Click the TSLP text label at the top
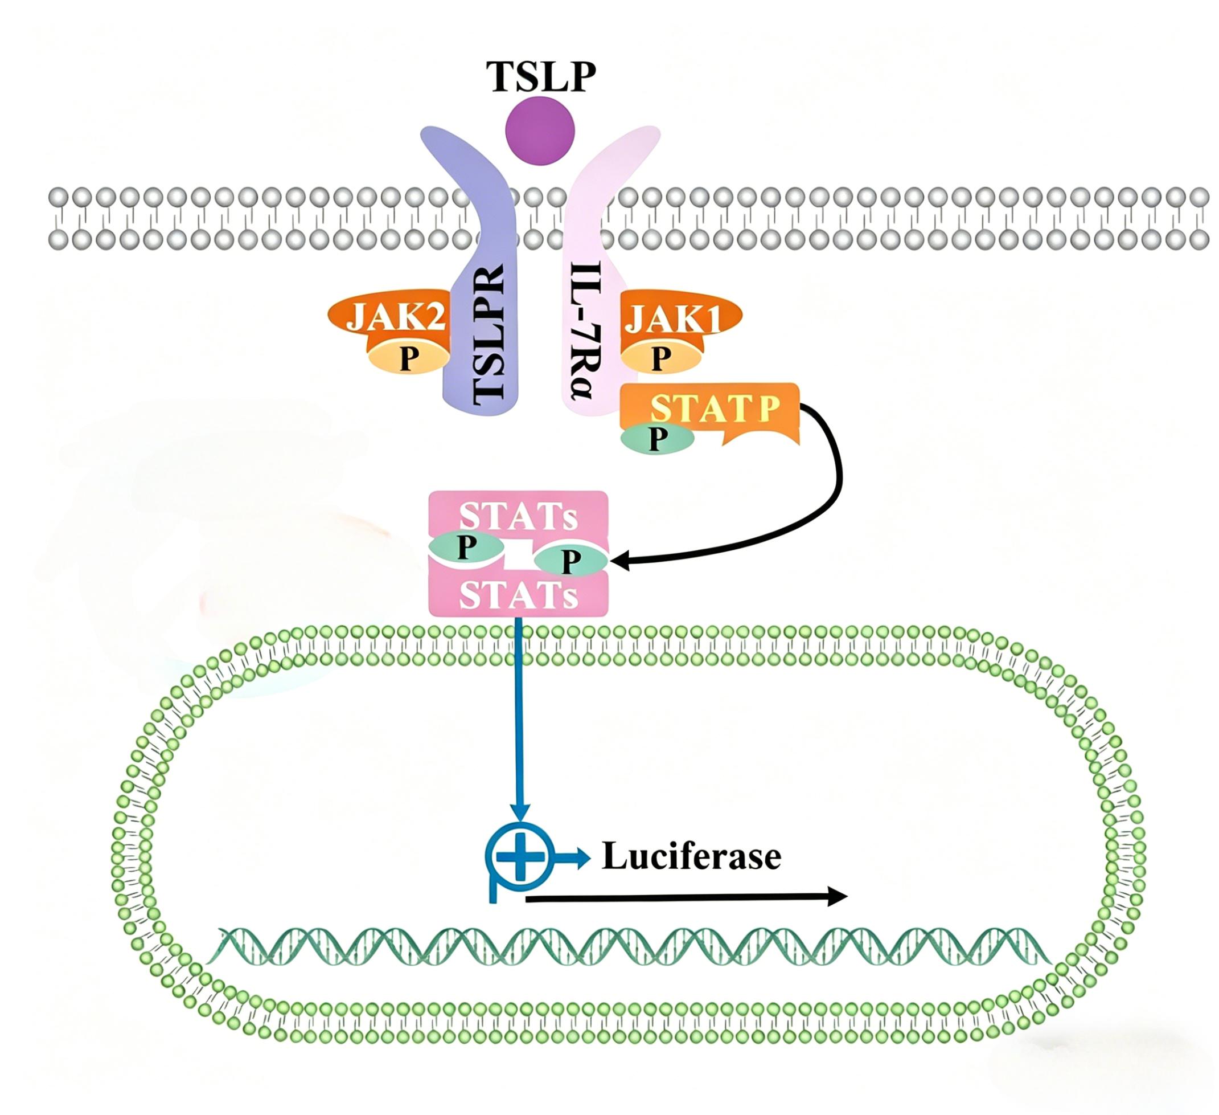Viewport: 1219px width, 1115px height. (541, 76)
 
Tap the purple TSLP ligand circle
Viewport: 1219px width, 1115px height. (539, 130)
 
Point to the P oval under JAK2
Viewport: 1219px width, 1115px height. (409, 358)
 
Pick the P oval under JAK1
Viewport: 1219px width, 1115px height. (661, 358)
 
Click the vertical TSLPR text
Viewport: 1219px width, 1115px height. (488, 332)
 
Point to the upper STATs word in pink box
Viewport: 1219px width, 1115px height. (518, 516)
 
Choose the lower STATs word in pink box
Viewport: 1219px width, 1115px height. (518, 595)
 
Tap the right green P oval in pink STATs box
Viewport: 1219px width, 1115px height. (570, 560)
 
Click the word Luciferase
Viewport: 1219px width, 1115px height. (692, 857)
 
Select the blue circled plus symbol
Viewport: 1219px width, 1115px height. (519, 856)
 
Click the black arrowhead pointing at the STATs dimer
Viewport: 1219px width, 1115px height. (620, 560)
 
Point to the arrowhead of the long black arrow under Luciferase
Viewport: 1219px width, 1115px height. (837, 896)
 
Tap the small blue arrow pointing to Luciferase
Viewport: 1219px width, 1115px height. (572, 857)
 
